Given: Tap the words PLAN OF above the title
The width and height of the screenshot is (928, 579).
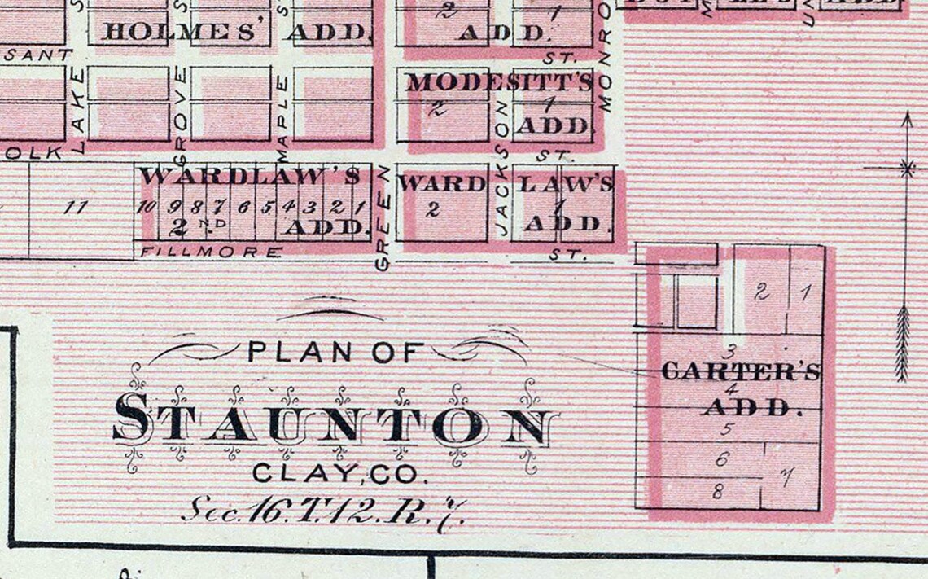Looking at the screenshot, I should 335,352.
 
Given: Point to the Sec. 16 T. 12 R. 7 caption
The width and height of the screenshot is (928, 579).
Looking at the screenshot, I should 323,511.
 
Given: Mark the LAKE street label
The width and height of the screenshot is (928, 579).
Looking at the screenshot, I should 78,110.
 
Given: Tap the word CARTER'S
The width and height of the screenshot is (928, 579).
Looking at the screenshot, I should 740,372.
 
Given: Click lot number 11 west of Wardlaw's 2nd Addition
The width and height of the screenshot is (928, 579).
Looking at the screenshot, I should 75,207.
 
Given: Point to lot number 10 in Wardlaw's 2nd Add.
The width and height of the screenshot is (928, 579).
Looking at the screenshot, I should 146,206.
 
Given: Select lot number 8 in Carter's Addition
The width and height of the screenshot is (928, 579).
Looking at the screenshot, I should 717,491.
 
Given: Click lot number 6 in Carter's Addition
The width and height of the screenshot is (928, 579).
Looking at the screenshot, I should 721,459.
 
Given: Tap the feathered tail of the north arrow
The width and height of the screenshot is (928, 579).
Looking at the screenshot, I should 902,342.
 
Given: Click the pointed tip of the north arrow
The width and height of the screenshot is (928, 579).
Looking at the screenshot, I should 906,116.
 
